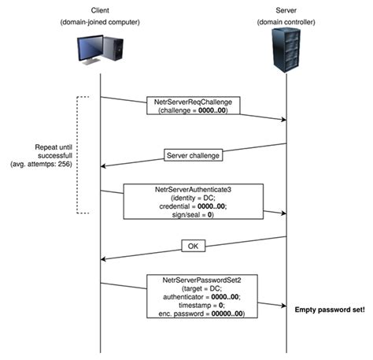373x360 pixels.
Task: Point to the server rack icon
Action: (x=286, y=49)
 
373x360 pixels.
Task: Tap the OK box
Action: (x=193, y=247)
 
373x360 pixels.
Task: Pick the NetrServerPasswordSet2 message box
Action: (x=193, y=296)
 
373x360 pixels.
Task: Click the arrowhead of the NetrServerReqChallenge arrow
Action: (x=282, y=120)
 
